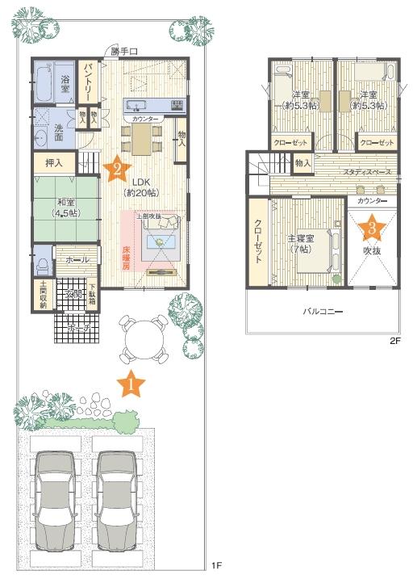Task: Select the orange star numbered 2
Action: click(x=117, y=168)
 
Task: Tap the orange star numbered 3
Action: click(x=371, y=228)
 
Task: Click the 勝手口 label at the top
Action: click(x=124, y=51)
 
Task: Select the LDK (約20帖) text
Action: click(x=140, y=187)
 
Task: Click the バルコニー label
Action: click(x=325, y=309)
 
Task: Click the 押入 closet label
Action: click(x=54, y=162)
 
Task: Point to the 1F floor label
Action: click(x=216, y=565)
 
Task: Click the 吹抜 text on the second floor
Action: click(x=372, y=252)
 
